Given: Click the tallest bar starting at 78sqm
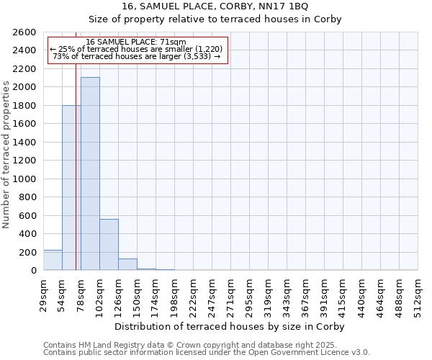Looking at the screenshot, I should click(x=90, y=174).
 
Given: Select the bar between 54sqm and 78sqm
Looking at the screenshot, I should click(x=71, y=188).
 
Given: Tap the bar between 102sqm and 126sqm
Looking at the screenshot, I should click(x=109, y=245).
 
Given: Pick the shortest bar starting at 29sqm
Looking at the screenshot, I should click(x=53, y=260).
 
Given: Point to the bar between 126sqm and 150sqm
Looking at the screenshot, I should click(x=127, y=264).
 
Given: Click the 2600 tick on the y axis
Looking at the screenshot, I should click(x=25, y=32).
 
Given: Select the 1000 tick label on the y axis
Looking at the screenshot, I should click(x=25, y=179).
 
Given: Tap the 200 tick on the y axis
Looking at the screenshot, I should click(x=28, y=253).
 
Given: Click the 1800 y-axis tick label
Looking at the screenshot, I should click(x=25, y=106).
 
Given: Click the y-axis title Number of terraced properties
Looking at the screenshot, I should click(x=6, y=155).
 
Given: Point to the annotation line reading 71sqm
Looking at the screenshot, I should click(x=136, y=42).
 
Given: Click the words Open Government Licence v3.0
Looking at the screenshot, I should click(x=310, y=353).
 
